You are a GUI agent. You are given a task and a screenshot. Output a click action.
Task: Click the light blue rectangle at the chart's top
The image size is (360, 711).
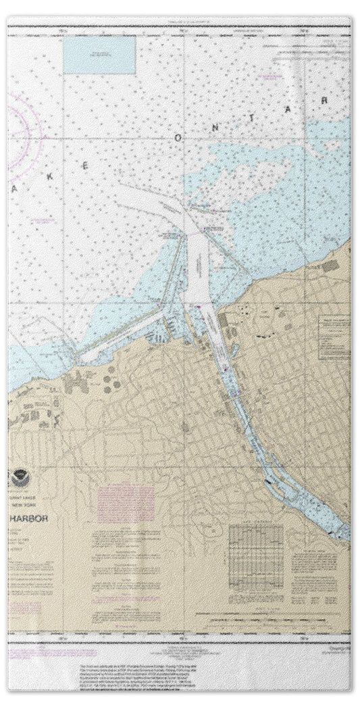(x=100, y=55)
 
